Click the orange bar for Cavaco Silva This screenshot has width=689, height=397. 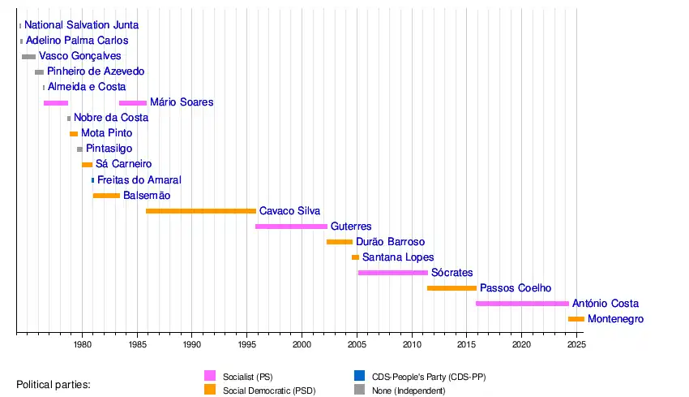click(x=201, y=211)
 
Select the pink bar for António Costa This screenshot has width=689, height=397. click(x=522, y=304)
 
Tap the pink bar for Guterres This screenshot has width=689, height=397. click(x=291, y=227)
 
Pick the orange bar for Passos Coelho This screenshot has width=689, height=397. click(x=451, y=288)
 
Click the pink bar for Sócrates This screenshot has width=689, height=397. click(x=393, y=273)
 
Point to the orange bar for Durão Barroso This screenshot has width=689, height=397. click(x=340, y=242)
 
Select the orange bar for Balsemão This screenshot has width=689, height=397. click(x=106, y=196)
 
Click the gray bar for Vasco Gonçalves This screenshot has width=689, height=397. click(x=28, y=57)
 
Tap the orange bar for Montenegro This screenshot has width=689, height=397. click(x=576, y=319)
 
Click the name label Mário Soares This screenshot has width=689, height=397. click(x=182, y=102)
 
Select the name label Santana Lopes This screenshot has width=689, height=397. click(x=398, y=257)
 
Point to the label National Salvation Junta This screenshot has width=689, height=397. click(x=81, y=25)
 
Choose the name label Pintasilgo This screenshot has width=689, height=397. click(x=109, y=149)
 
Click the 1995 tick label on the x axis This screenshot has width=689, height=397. click(x=247, y=344)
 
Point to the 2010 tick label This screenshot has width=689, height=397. click(x=412, y=344)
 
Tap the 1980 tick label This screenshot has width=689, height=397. click(x=82, y=344)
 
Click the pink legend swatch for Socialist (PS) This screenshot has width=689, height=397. click(x=210, y=376)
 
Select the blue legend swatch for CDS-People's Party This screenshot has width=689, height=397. click(x=359, y=376)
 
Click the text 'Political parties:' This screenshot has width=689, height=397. click(x=53, y=384)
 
